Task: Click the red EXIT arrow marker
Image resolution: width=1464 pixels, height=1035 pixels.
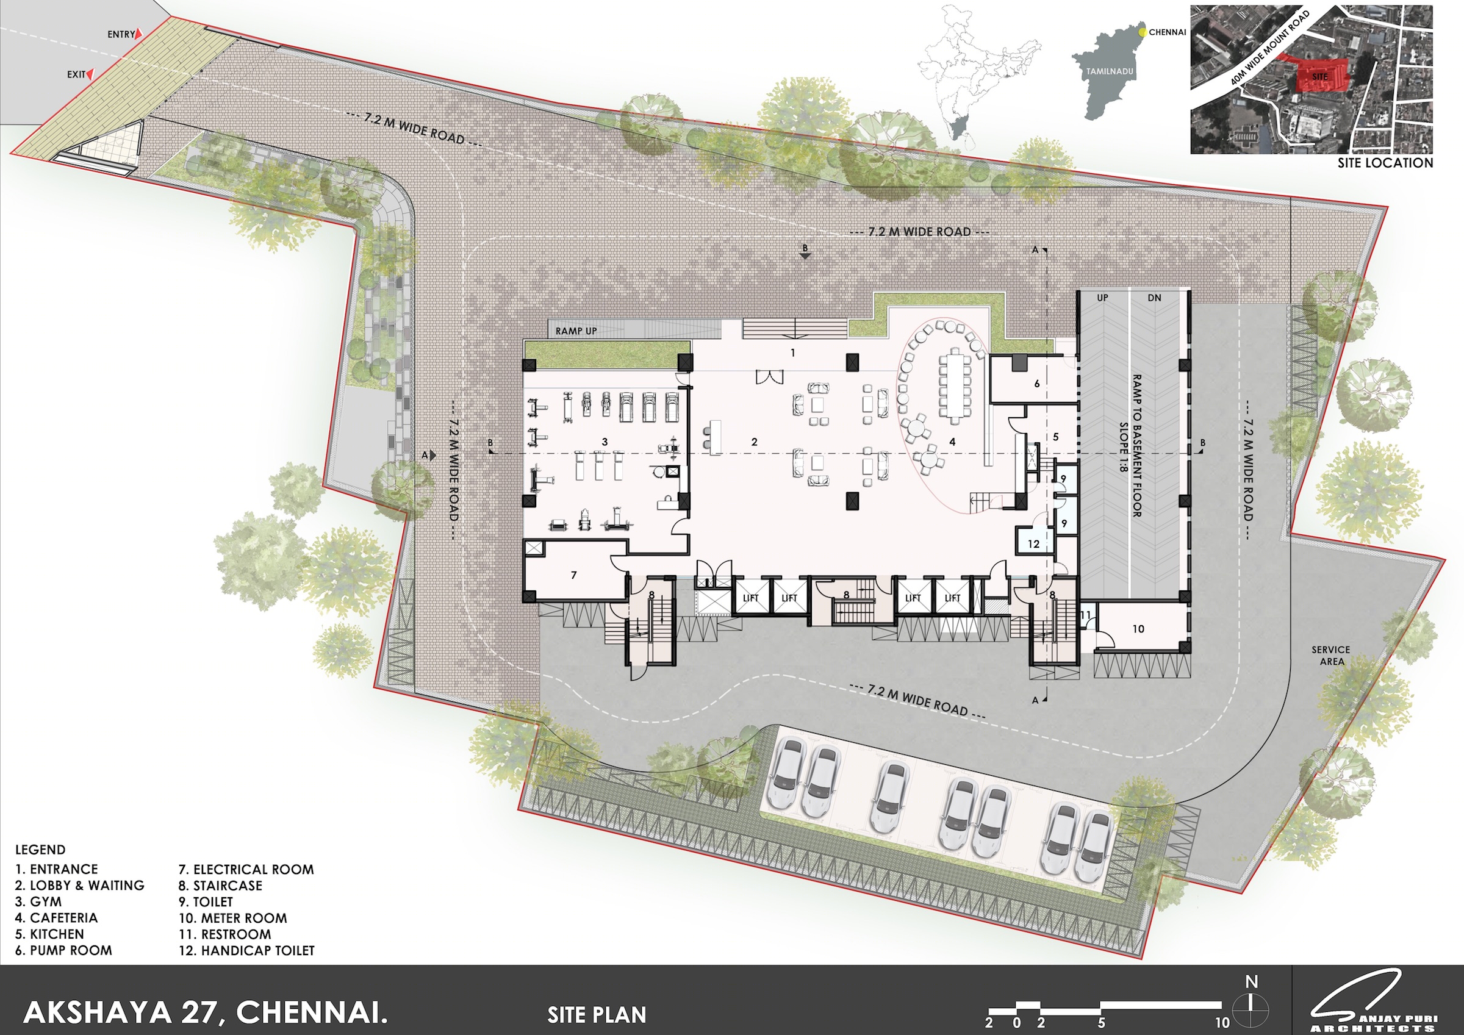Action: coord(90,74)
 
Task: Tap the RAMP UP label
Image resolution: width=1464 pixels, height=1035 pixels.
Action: coord(576,331)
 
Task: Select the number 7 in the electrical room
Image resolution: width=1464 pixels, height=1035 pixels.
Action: coord(574,575)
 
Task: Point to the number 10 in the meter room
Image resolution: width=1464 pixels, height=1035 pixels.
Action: coord(1138,629)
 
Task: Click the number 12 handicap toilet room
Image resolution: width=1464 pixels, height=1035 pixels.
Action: coord(1033,544)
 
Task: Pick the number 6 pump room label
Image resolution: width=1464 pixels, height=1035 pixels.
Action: coord(1037,384)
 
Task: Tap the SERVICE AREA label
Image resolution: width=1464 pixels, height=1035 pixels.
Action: coord(1331,656)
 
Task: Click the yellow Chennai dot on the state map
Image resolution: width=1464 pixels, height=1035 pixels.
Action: coord(1143,30)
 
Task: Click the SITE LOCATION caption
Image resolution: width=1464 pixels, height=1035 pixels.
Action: coord(1385,163)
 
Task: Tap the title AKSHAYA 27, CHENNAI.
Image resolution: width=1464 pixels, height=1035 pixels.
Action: coord(206,1012)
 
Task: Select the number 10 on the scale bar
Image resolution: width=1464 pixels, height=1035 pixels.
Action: coord(1222,1023)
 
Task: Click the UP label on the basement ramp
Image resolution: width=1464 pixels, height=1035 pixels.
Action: coord(1102,298)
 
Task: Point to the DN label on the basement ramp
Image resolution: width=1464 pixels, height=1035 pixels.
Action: coord(1154,298)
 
